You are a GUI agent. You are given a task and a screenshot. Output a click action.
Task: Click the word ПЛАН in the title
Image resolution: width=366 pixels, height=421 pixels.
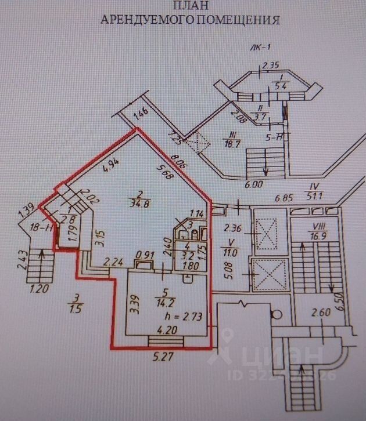tap(189, 6)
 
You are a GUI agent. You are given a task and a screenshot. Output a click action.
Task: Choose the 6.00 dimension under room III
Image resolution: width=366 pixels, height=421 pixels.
tap(255, 185)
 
